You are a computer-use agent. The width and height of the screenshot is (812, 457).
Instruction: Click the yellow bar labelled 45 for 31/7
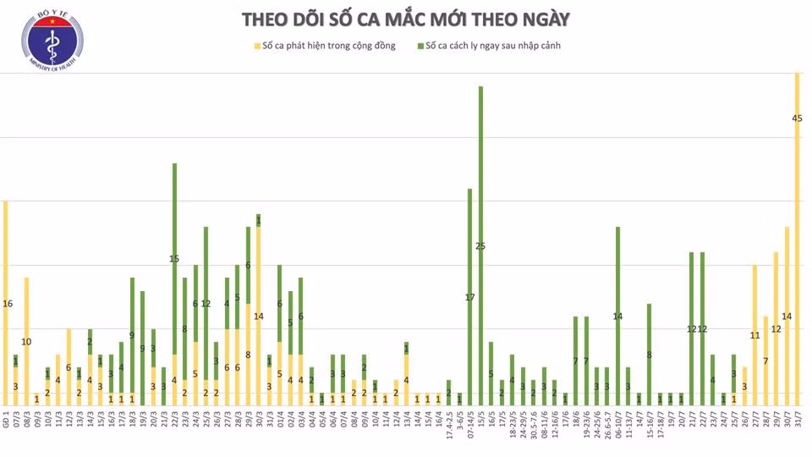797,237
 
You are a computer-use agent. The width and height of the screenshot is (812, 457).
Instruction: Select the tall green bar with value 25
480,245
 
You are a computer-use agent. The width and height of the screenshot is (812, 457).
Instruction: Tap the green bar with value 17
470,296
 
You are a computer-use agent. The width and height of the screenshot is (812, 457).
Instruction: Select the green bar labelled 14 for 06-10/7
617,316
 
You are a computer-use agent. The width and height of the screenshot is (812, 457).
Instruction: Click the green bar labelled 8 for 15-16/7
649,354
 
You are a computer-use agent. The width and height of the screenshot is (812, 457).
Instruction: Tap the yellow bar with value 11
754,335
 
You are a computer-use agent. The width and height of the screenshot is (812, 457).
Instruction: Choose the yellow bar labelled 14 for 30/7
787,316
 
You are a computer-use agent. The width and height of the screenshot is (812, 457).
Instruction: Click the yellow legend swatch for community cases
256,46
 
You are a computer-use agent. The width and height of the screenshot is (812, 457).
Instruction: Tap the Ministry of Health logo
52,38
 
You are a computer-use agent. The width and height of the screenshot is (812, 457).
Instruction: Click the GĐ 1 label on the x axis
6,423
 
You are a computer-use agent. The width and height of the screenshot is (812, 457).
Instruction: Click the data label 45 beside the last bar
797,118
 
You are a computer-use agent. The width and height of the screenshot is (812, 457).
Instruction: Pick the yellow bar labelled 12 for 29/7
776,328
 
